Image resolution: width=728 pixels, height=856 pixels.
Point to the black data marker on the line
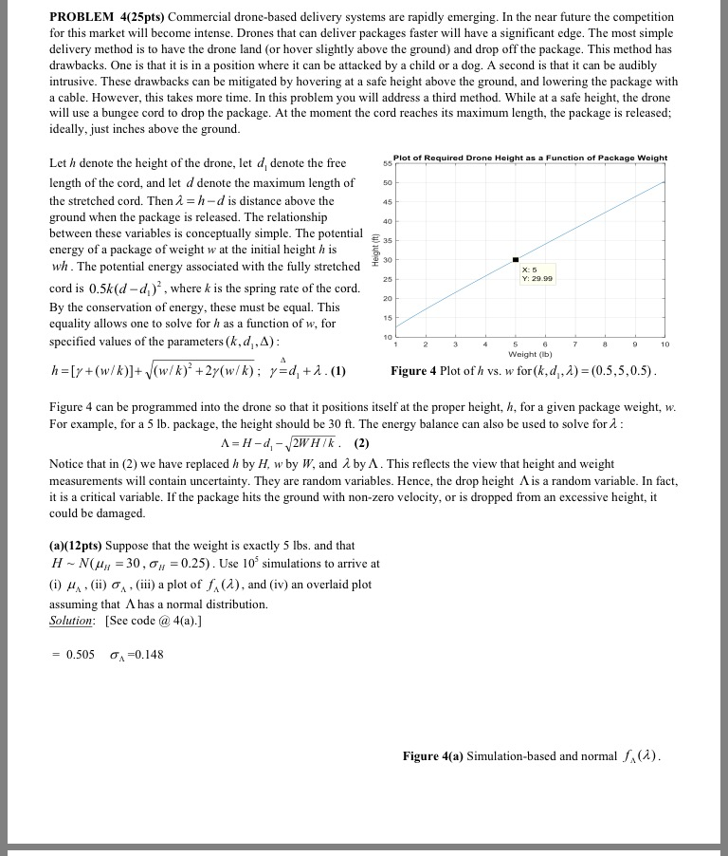click(x=516, y=259)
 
